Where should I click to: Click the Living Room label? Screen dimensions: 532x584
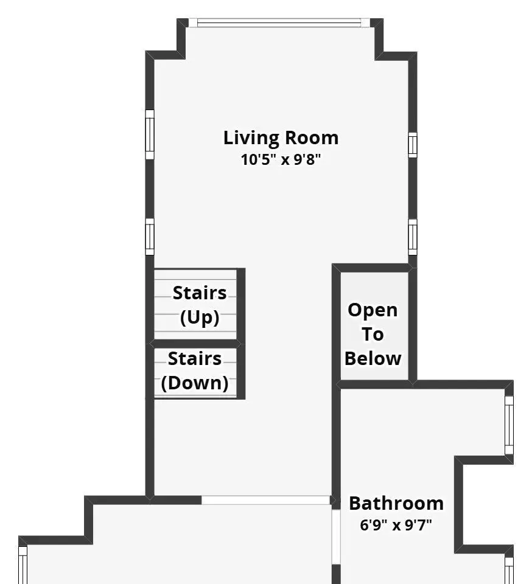pos(281,138)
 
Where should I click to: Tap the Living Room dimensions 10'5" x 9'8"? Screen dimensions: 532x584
pos(281,160)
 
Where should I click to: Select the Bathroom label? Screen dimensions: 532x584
pos(396,503)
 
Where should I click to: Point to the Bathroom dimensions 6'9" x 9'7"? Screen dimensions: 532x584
pos(396,525)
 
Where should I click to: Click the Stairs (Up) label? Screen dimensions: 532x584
pos(200,305)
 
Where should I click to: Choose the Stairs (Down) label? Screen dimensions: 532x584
pos(195,370)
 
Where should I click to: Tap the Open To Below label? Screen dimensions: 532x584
pos(373,334)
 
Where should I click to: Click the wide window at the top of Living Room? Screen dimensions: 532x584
pos(279,23)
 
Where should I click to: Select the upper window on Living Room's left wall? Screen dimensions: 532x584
pos(149,134)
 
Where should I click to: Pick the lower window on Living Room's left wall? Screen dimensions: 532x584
pos(149,237)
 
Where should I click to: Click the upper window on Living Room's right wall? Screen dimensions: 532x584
pos(413,145)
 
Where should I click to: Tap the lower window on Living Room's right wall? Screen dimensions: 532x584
pos(413,237)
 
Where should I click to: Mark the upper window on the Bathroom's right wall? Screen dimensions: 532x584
pos(509,425)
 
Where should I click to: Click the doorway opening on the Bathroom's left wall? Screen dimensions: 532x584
pos(336,537)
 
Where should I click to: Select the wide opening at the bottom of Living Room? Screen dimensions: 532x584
pos(266,500)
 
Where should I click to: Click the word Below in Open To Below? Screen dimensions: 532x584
pos(373,359)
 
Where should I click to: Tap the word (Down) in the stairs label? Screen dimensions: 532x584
pos(195,383)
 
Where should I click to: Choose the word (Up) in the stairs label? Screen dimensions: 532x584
pos(200,318)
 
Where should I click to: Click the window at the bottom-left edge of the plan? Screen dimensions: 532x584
pos(23,565)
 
